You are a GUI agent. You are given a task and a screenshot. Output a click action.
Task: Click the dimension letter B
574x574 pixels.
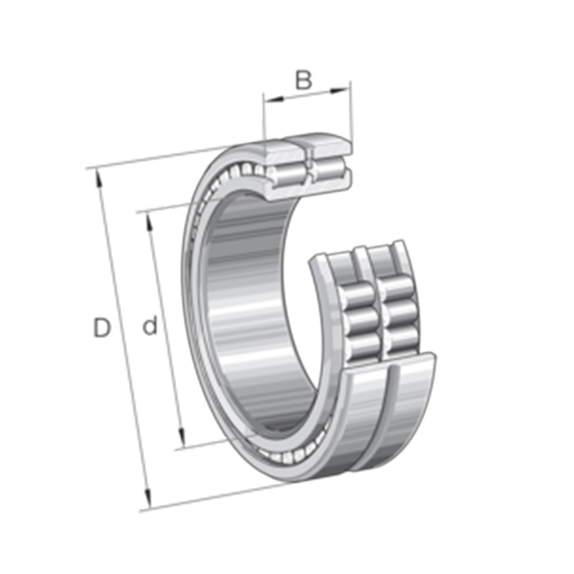coord(303,80)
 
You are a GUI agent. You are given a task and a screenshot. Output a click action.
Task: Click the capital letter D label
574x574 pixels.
coord(102,328)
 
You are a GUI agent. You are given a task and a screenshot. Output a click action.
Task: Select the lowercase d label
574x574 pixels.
coord(150,326)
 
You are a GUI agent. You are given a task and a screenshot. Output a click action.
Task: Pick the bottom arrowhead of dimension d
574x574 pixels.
coord(182,438)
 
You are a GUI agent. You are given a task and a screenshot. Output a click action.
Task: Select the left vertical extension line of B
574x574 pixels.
coord(264,117)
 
